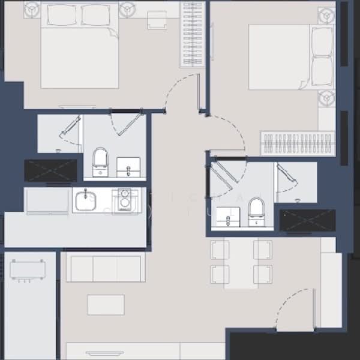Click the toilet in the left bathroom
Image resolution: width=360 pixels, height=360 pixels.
[100, 160]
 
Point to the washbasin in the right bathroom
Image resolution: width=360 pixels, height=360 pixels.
[227, 217]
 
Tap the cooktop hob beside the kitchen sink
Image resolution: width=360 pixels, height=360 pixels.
[124, 200]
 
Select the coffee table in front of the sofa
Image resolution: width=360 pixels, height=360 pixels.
[106, 304]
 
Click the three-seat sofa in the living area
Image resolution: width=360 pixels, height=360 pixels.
[105, 268]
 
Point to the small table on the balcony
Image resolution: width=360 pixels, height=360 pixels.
[28, 269]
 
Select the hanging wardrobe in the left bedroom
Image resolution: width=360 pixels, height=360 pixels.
[193, 34]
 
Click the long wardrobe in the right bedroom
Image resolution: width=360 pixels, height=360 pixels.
[298, 143]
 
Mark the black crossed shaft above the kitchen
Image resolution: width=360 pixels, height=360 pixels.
[50, 170]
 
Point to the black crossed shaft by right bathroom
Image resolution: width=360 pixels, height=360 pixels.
[308, 220]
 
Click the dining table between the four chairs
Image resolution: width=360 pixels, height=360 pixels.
[241, 263]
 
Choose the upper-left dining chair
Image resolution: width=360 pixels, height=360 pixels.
[220, 249]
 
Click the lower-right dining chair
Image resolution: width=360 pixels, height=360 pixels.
[263, 275]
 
